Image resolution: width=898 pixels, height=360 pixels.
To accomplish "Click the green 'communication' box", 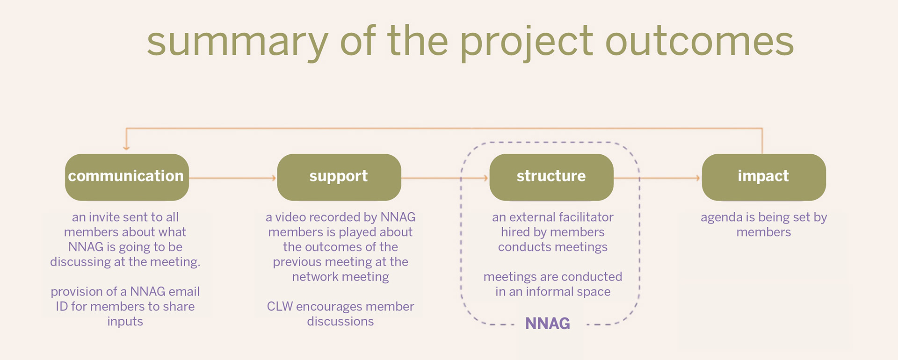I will (x=127, y=177).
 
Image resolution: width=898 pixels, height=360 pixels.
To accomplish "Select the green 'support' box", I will (x=339, y=177).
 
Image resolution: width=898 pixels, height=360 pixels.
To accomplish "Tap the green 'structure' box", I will (x=551, y=177).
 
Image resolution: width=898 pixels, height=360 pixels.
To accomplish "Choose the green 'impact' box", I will (x=763, y=177).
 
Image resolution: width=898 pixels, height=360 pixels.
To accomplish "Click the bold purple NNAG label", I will (x=547, y=324).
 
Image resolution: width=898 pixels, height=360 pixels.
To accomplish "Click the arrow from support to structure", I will (x=445, y=178).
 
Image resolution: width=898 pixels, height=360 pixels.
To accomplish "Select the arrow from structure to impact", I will (x=657, y=178).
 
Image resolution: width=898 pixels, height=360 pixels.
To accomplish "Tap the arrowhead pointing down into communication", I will (x=126, y=147).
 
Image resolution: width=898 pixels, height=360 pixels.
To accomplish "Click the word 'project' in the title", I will (x=527, y=43).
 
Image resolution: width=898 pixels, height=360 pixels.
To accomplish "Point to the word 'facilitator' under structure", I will (x=586, y=217).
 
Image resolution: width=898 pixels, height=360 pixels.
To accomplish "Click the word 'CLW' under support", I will (x=280, y=307).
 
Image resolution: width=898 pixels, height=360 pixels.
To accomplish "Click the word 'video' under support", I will (x=290, y=217).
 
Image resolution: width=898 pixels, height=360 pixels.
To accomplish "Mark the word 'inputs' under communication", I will (x=125, y=322).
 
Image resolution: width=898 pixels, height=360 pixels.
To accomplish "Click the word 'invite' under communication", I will (x=104, y=217).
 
